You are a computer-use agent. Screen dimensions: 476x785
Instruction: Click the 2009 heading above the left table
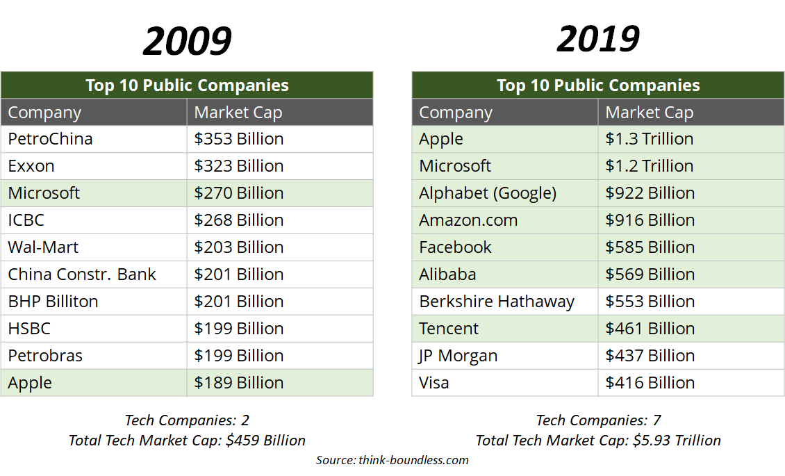click(x=187, y=42)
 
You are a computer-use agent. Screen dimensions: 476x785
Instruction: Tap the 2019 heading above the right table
click(x=598, y=39)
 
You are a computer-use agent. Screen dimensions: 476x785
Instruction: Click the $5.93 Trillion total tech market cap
click(x=677, y=441)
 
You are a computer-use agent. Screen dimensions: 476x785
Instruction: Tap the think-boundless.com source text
click(x=414, y=460)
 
